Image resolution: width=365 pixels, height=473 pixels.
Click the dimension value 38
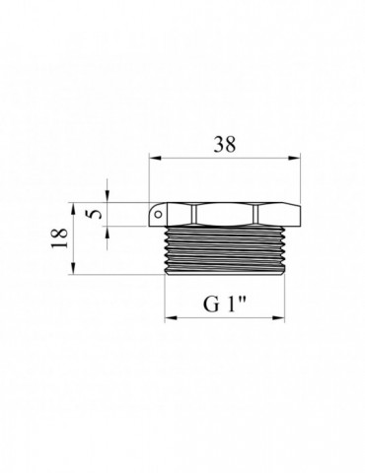(x=225, y=144)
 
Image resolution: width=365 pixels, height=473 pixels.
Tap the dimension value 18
(x=59, y=238)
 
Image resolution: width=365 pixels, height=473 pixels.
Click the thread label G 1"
(x=225, y=304)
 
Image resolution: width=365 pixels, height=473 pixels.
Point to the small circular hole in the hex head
(x=159, y=215)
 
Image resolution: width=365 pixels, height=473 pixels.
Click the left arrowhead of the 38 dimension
(x=155, y=158)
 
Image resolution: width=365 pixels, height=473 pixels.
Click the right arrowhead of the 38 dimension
(x=295, y=158)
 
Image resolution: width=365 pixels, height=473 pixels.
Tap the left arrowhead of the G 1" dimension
(x=171, y=318)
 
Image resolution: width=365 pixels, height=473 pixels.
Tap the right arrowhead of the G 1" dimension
(x=278, y=318)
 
